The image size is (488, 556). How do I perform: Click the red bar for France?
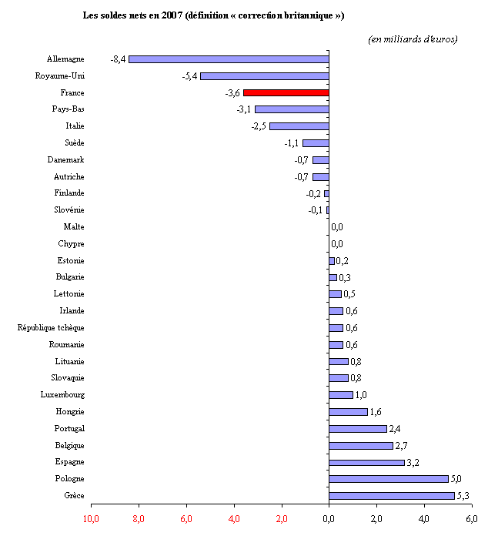coord(286,92)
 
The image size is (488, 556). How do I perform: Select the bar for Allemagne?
coord(229,59)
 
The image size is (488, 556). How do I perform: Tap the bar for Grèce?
coord(392,495)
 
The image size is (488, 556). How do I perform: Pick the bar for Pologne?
coord(389,478)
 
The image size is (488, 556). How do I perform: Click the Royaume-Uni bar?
coord(264,75)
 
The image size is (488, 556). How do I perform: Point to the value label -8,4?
coord(118,59)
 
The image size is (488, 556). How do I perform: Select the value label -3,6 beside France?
coord(232,93)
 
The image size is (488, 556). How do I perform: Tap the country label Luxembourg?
coord(62,394)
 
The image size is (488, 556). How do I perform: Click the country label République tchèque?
coord(51,327)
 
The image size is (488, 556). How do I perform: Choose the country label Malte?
coord(74,226)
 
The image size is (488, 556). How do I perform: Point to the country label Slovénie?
coord(69,209)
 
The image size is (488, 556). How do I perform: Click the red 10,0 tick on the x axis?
coord(91,518)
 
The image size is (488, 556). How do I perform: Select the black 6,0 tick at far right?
coord(471,518)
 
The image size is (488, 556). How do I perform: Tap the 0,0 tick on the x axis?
coord(329,518)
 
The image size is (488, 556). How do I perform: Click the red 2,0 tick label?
coord(281,518)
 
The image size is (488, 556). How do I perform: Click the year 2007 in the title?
coord(172,15)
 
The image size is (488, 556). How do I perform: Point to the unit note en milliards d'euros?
coord(413,39)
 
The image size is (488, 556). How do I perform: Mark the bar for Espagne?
coord(366,462)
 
